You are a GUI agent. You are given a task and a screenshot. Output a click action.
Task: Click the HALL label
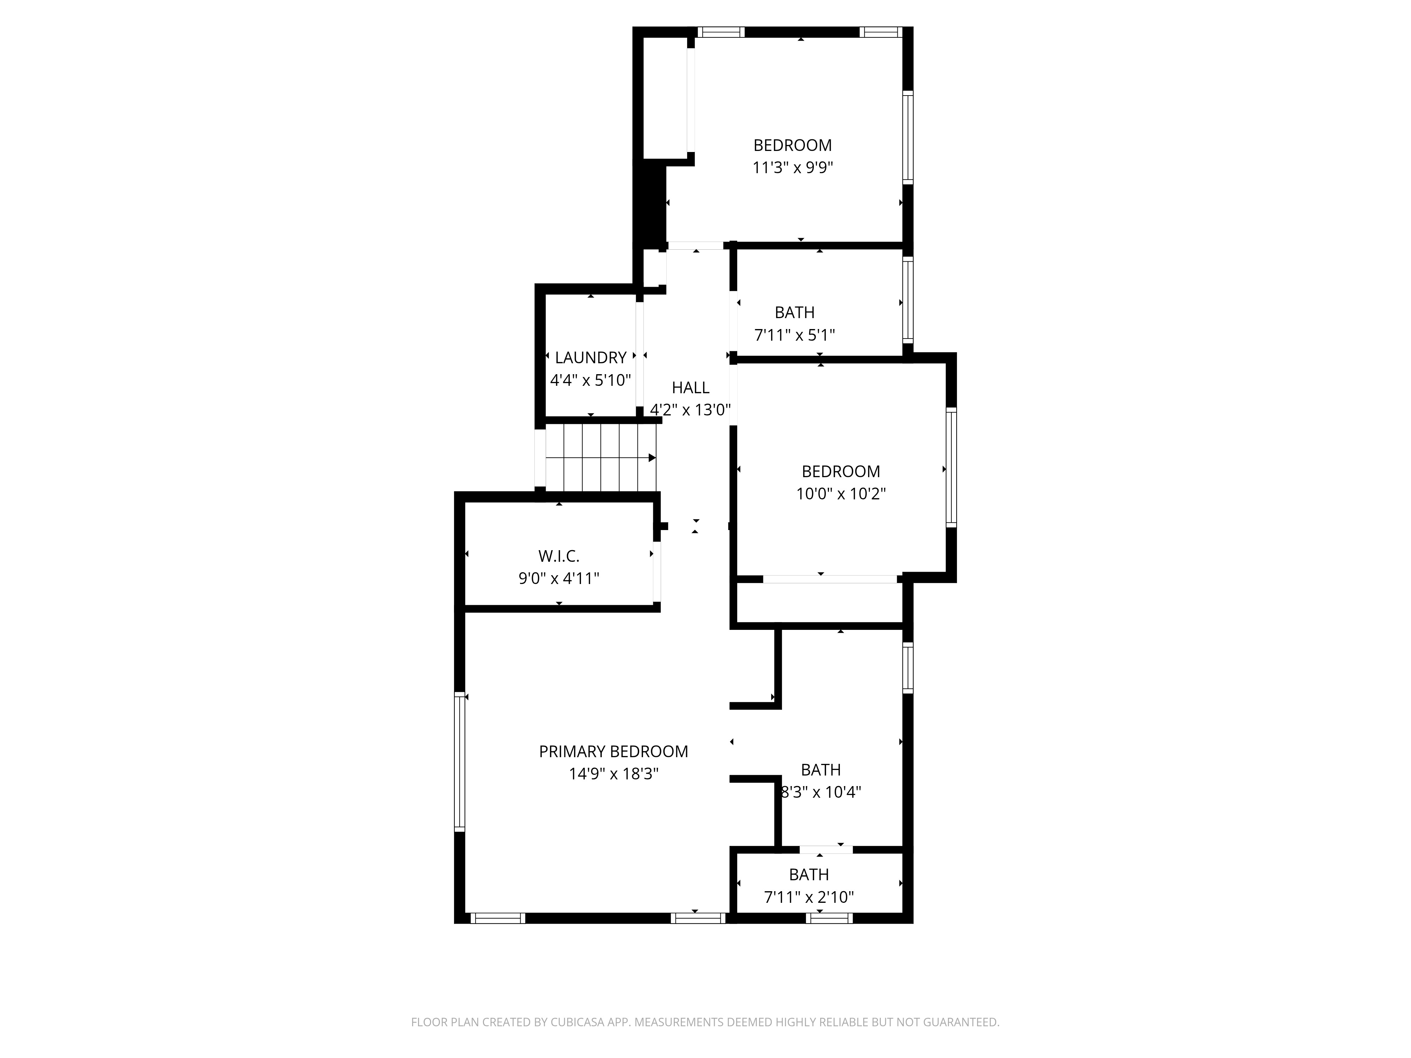click(690, 388)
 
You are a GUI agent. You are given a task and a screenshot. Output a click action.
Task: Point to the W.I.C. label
click(559, 556)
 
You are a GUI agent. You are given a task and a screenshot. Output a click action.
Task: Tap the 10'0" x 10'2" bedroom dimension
click(841, 494)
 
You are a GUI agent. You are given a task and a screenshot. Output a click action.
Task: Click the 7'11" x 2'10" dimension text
click(809, 897)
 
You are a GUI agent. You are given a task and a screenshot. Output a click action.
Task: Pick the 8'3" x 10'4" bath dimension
click(821, 792)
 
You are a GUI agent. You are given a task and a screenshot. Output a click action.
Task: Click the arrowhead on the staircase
click(652, 458)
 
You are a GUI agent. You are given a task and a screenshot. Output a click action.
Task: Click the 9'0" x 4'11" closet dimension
click(559, 578)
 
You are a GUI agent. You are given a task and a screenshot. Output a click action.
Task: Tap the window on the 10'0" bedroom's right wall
click(951, 467)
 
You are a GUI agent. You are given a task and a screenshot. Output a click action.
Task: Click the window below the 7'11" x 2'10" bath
click(829, 918)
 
